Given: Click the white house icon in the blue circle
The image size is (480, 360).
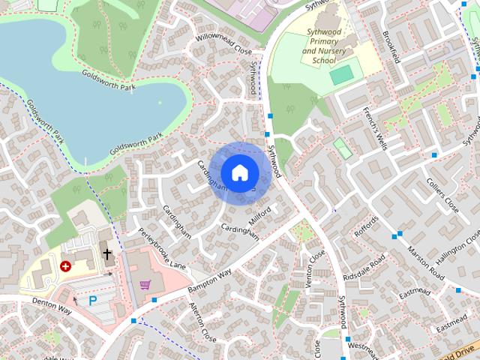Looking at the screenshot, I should pos(239,172).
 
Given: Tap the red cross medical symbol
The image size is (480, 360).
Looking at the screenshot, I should pos(66,265).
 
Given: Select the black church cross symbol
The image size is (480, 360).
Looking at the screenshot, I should pos(107,254).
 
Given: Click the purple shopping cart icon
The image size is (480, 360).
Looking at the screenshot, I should pos(145,284).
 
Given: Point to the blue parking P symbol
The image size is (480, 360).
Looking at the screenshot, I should pos(93,301).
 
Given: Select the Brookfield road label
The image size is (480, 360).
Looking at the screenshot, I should pos(391,47).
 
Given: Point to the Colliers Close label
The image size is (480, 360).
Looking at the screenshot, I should pos(442,194).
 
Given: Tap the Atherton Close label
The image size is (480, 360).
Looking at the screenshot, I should pos(202,322).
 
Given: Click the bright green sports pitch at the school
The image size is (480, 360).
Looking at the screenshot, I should pos(340,75).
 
